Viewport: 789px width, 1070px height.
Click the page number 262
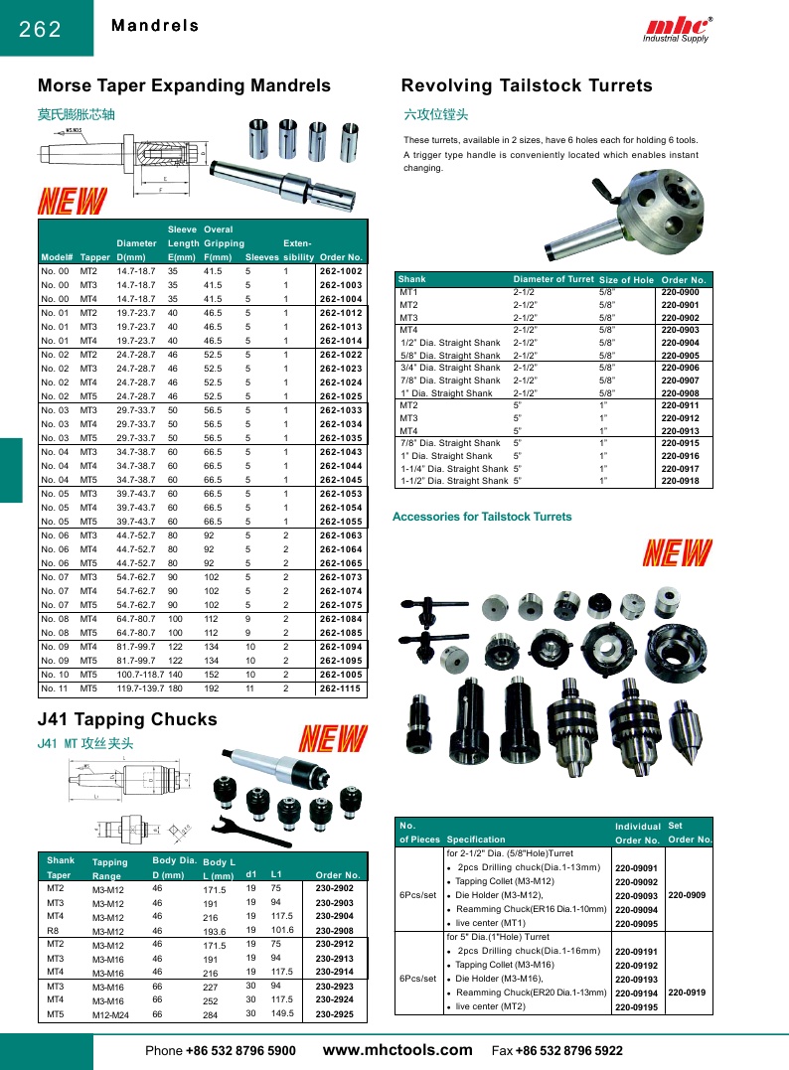(x=41, y=29)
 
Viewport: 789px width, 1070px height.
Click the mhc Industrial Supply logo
(x=679, y=29)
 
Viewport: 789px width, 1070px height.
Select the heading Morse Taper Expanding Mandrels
(x=184, y=86)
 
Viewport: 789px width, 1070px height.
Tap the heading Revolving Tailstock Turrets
(x=527, y=86)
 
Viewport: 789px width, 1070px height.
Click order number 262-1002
(x=341, y=271)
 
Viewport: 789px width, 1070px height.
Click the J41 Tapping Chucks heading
(x=127, y=719)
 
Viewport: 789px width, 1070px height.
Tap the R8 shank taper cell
(x=54, y=930)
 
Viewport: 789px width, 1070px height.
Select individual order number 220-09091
(x=637, y=868)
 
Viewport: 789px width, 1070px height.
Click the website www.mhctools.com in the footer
(x=397, y=1049)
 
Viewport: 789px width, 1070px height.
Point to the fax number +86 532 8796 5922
(x=569, y=1050)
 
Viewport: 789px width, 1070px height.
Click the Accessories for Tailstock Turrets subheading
(x=482, y=517)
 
